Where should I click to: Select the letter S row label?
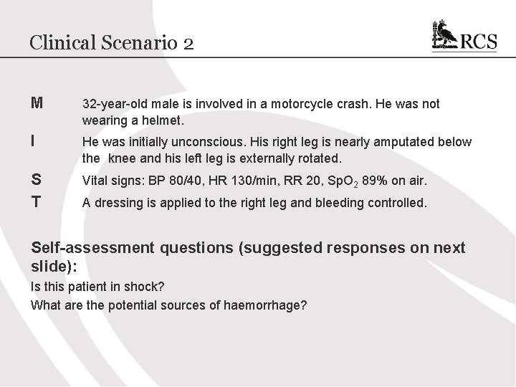pyautogui.click(x=36, y=180)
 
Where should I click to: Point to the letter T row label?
pyautogui.click(x=36, y=203)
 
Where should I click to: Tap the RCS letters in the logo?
pyautogui.click(x=478, y=42)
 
